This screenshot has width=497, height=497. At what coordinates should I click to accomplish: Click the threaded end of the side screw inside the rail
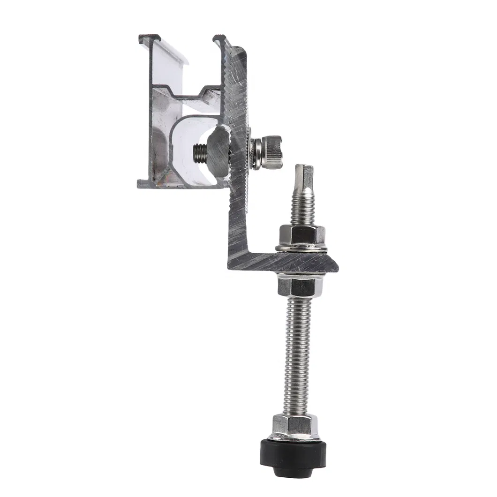[x=199, y=153]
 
